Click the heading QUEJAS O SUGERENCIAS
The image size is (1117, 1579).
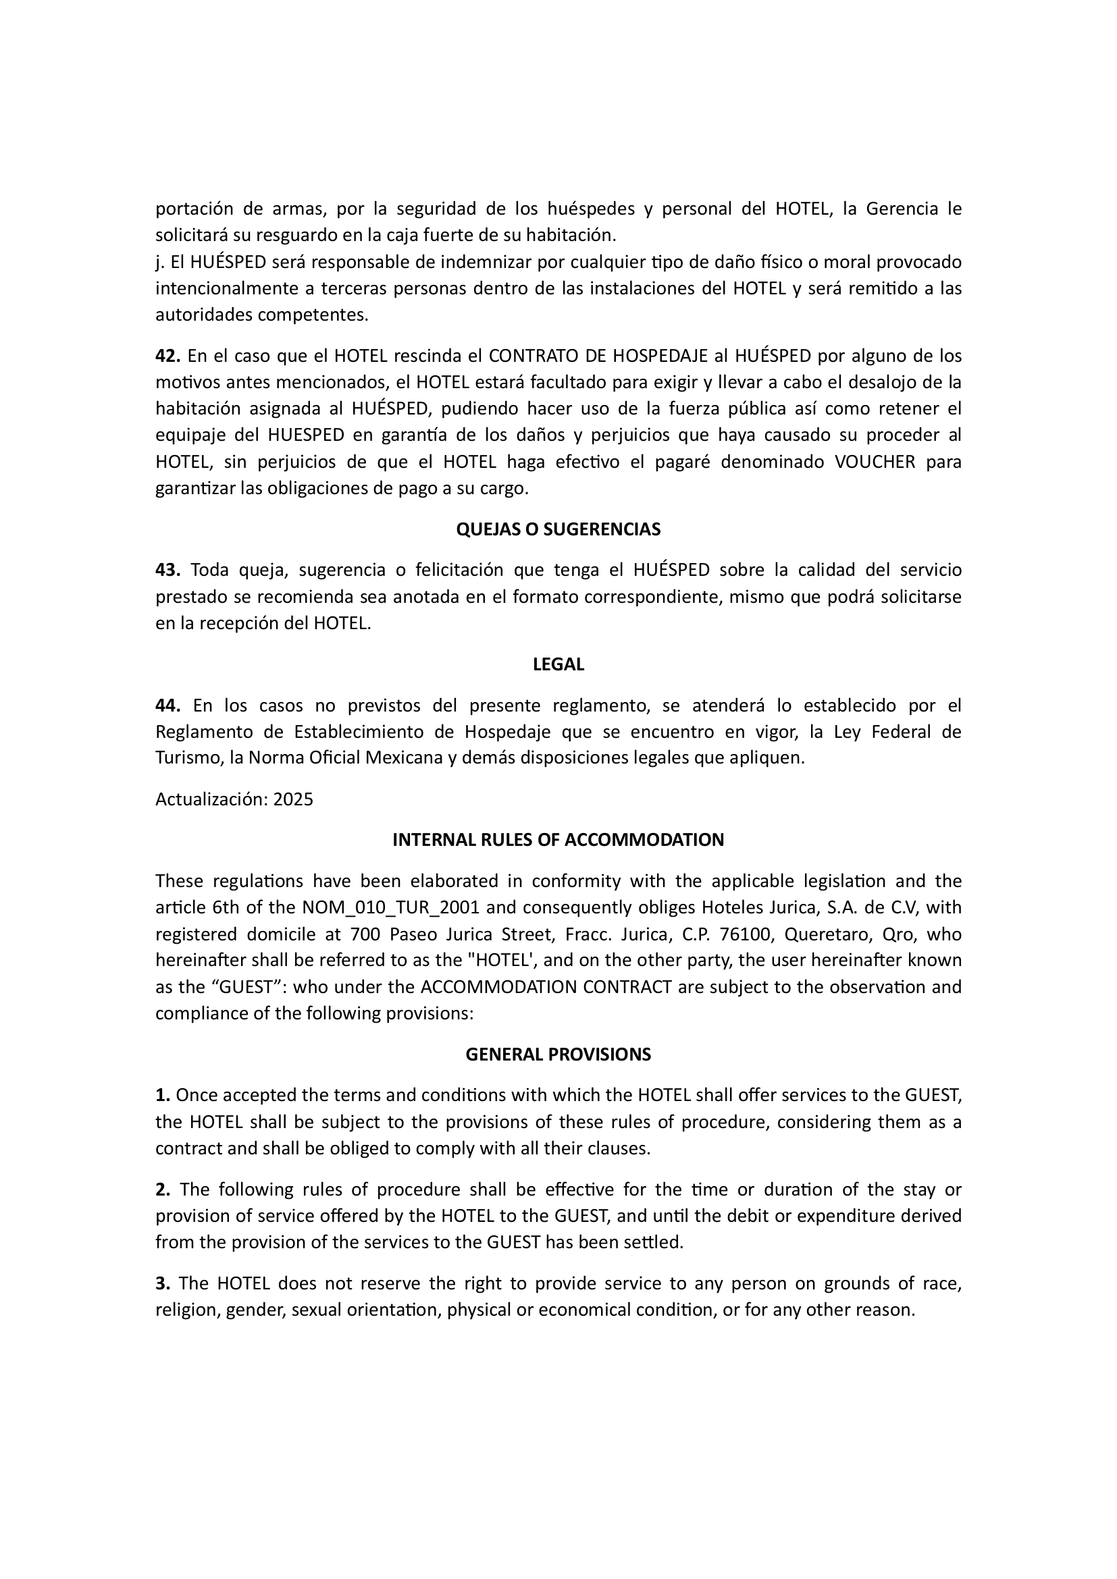[558, 529]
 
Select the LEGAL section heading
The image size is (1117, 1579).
[558, 664]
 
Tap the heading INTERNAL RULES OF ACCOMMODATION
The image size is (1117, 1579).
[558, 840]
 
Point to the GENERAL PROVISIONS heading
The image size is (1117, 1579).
[558, 1054]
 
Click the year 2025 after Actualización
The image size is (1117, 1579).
[293, 799]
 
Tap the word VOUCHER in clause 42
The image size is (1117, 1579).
[875, 462]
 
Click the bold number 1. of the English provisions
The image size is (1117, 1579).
[162, 1095]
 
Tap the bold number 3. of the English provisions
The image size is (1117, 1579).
[162, 1283]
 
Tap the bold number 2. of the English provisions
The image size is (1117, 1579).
[162, 1189]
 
